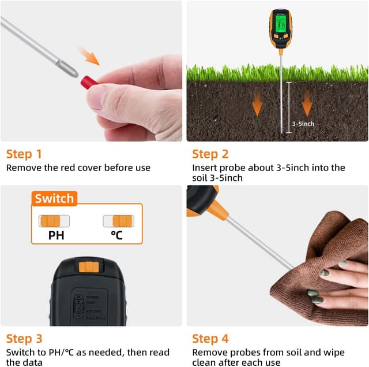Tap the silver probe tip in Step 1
tap(70, 71)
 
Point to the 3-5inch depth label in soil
tap(303, 123)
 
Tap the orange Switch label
tap(54, 199)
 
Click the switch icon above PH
tap(54, 221)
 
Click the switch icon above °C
tap(118, 221)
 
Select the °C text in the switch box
tap(118, 235)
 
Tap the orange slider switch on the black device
tap(89, 266)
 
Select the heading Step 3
tap(24, 339)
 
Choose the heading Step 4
tap(210, 339)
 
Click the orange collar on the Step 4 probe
tap(217, 209)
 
